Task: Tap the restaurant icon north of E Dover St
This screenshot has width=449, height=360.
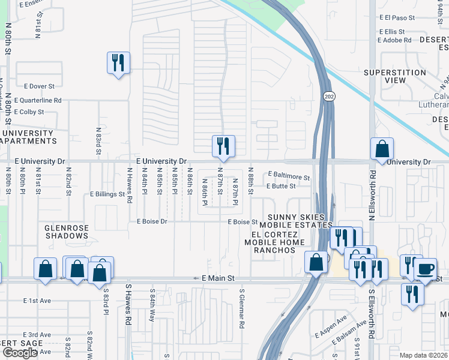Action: coord(118,63)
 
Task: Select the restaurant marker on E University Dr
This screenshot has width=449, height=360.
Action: coord(223,146)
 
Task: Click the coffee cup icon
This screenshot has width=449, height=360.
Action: coord(425,268)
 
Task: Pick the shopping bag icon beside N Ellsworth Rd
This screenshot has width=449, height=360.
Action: coord(382,149)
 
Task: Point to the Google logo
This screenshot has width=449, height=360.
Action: coord(20,353)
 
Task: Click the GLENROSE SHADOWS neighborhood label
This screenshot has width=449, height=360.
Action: coord(66,232)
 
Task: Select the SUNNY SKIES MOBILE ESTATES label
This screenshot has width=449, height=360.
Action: coord(296,221)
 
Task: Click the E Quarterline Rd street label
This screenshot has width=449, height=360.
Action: coord(38,100)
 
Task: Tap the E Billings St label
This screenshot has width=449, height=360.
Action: coord(107,194)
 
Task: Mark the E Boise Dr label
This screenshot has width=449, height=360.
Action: coord(151,221)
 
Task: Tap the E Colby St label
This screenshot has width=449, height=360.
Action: coord(29,112)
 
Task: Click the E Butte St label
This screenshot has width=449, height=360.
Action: coord(282,186)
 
